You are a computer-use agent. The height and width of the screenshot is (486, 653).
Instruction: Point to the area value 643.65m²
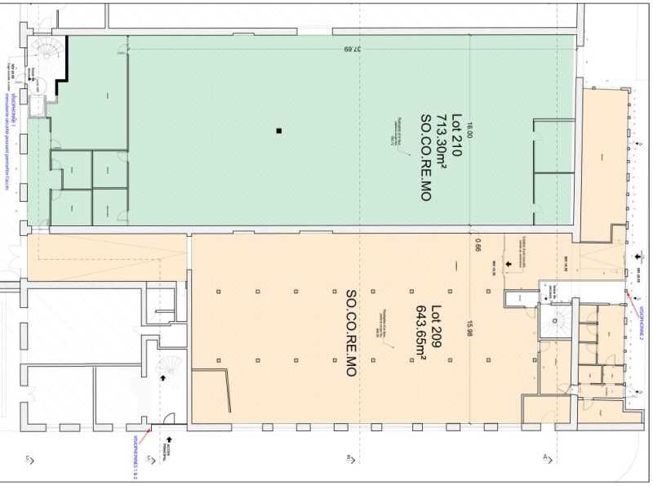click(421, 332)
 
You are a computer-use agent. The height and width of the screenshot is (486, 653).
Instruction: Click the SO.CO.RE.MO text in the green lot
click(425, 158)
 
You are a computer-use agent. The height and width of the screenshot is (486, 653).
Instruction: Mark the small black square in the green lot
click(278, 131)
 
